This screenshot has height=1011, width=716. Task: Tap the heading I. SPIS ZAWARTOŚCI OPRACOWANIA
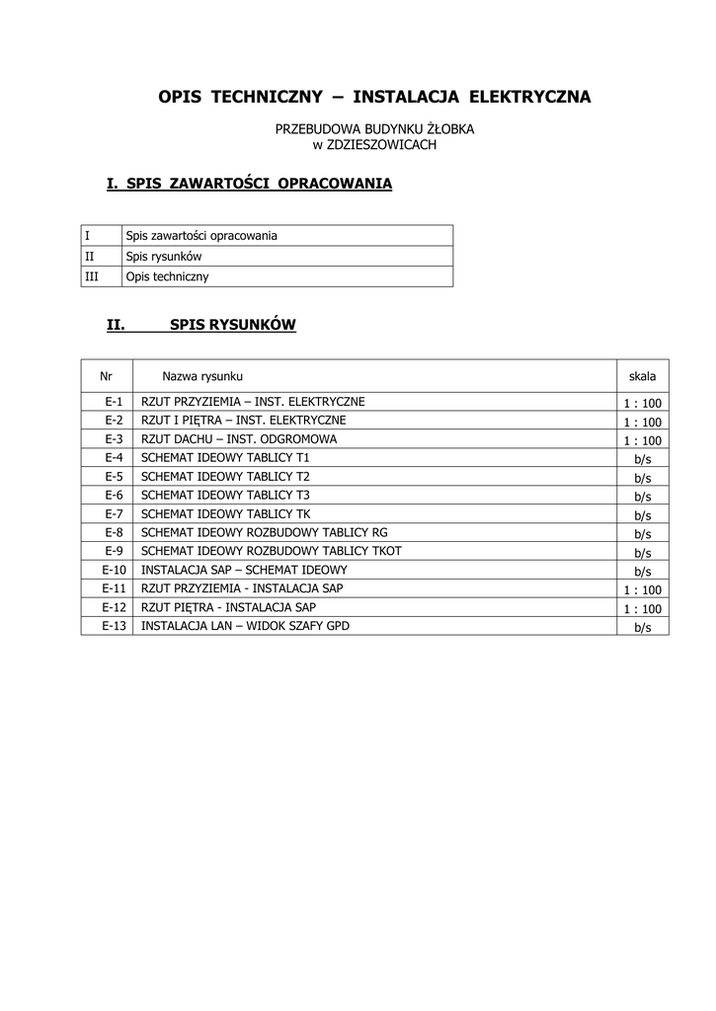pos(249,184)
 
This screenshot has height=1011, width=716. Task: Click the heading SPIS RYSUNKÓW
pos(233,324)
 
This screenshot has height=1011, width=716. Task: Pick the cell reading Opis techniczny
pos(168,277)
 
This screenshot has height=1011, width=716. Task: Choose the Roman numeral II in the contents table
pos(90,257)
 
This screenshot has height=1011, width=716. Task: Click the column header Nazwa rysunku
pos(202,377)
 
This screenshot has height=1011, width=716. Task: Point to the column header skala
pos(642,377)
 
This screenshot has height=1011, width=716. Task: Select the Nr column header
pos(107,377)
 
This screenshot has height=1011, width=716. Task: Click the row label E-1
pos(113,402)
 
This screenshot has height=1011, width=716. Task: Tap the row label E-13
pos(115,626)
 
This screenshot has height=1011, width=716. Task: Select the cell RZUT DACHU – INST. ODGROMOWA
pos(239,439)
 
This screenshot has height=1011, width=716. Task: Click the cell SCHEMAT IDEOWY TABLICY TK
pos(226,513)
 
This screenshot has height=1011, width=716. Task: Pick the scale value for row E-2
pos(642,422)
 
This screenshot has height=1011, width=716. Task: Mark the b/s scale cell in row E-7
pos(643,515)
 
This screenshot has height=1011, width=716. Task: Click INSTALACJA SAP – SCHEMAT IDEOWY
pos(244,570)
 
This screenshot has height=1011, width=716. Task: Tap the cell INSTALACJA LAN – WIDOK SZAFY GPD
pos(245,626)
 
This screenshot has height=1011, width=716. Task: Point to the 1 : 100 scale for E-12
pos(642,609)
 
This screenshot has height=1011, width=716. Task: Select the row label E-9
pos(113,551)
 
